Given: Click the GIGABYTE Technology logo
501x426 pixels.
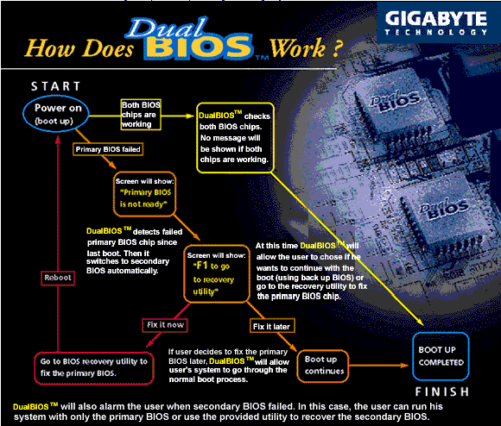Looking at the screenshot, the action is (x=436, y=23).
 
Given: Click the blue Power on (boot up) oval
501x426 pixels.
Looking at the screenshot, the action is (x=56, y=114).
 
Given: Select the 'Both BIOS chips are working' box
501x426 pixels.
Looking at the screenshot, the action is (x=141, y=115).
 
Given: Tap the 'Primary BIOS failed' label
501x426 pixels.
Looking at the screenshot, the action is (x=108, y=149).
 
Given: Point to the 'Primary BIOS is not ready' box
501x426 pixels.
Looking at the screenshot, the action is (x=145, y=194).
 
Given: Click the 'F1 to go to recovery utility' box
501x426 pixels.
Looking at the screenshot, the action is (x=216, y=274).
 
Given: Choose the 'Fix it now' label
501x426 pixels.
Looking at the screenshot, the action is (x=165, y=325).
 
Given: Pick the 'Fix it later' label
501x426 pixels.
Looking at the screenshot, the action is (x=271, y=327).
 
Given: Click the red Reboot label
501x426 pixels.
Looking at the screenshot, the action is (x=58, y=278).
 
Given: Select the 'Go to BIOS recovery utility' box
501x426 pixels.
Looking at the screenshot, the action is (x=94, y=367).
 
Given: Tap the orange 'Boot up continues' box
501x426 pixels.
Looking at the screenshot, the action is (x=323, y=366).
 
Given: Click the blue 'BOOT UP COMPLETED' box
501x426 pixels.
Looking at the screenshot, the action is (x=441, y=356).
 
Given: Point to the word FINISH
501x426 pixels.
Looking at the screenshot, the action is (x=442, y=392).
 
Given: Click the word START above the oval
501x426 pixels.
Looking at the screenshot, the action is (x=55, y=86).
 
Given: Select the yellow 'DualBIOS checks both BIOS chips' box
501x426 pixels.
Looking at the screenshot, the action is (x=235, y=138).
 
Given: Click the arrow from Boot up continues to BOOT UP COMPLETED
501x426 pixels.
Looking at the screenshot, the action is (x=378, y=366).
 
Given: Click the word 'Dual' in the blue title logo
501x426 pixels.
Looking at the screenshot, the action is (x=167, y=28).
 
